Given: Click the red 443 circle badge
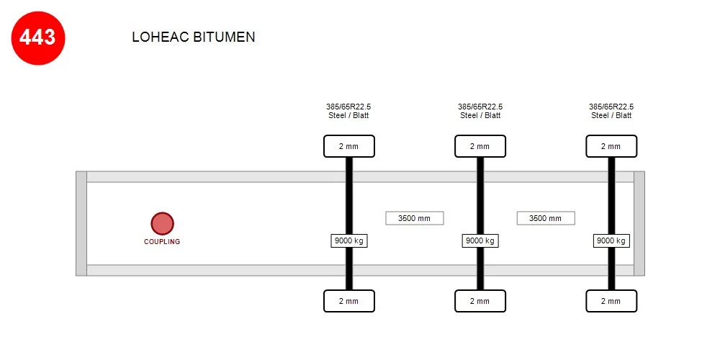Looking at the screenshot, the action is pos(38,38).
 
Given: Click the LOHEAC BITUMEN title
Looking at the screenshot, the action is pos(193,37).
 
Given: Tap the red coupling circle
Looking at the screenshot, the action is pos(162,224).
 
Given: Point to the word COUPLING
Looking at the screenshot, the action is pos(162,241).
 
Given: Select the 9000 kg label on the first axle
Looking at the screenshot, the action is pos(349,240).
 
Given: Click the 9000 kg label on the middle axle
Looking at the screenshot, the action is pos(480,240).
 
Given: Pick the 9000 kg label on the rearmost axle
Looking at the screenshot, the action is pos(611,240).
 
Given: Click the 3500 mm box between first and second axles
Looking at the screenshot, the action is pos(414,218).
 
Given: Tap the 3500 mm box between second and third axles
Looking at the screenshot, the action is pos(546,218).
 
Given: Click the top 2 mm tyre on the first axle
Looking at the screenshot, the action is pos(349,146).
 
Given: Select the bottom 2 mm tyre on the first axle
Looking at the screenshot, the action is pos(349,301).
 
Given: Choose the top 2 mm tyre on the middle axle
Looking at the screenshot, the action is pos(480,146).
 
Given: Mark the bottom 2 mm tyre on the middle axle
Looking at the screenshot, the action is pos(480,301).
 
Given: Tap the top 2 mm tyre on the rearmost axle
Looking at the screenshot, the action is pos(611,146).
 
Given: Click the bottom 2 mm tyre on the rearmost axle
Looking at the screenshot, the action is pos(611,301).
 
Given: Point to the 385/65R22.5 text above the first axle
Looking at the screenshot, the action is pos(348,107).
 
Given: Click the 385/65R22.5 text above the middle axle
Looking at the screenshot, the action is pos(480,107).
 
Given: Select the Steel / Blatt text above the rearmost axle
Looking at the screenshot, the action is pos(611,115).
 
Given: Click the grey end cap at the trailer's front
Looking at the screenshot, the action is pos(81,224).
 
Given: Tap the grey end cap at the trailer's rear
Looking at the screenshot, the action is pos(639,224).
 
